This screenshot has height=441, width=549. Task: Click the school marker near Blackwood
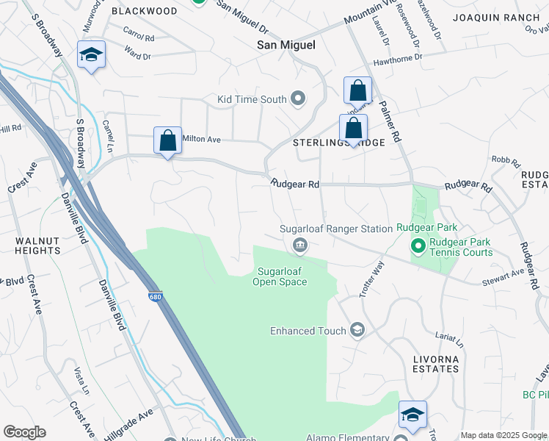[92, 55]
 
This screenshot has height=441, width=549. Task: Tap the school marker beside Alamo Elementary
[412, 415]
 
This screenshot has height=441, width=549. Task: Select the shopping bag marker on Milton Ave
[167, 140]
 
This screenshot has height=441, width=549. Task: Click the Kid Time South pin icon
[298, 98]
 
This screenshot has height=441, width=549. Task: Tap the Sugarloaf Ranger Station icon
[299, 245]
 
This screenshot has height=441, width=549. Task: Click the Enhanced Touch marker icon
[357, 330]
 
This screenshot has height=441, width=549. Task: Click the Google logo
[23, 432]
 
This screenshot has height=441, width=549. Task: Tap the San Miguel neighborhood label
[286, 45]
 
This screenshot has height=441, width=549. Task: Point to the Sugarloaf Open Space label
[280, 276]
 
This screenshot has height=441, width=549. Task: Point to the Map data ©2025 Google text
[503, 435]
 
